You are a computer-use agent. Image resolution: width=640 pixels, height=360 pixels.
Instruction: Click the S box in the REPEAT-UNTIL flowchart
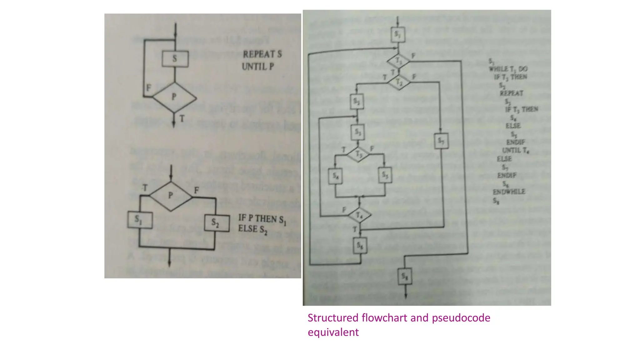pyautogui.click(x=175, y=59)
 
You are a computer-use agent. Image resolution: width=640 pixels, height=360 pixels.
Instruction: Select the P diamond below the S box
pyautogui.click(x=174, y=97)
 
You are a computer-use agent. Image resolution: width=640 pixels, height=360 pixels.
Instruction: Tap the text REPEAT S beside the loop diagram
pyautogui.click(x=262, y=54)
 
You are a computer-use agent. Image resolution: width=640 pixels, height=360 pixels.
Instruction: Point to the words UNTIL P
pyautogui.click(x=258, y=67)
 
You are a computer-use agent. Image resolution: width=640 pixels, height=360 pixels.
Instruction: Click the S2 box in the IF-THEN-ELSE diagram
pyautogui.click(x=217, y=223)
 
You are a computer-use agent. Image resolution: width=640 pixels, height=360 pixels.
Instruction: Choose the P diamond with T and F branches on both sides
pyautogui.click(x=171, y=196)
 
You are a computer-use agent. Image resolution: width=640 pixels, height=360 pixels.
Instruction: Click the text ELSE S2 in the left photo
pyautogui.click(x=252, y=229)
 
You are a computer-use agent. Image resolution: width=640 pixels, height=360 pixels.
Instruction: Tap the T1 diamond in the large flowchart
pyautogui.click(x=398, y=61)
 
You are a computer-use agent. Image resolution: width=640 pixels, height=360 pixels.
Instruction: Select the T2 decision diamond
pyautogui.click(x=399, y=82)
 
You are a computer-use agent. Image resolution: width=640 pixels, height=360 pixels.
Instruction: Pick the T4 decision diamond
pyautogui.click(x=359, y=215)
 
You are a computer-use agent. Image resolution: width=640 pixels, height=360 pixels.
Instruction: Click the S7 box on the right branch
pyautogui.click(x=441, y=141)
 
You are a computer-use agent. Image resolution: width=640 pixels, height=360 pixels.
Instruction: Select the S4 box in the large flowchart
pyautogui.click(x=335, y=176)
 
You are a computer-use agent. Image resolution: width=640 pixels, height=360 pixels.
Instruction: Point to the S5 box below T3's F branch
pyautogui.click(x=385, y=175)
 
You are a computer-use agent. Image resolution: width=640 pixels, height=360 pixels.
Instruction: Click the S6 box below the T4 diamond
pyautogui.click(x=360, y=246)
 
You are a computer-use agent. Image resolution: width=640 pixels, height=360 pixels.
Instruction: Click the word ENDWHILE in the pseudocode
pyautogui.click(x=509, y=192)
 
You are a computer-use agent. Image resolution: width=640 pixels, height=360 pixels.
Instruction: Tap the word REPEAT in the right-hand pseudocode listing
pyautogui.click(x=511, y=93)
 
